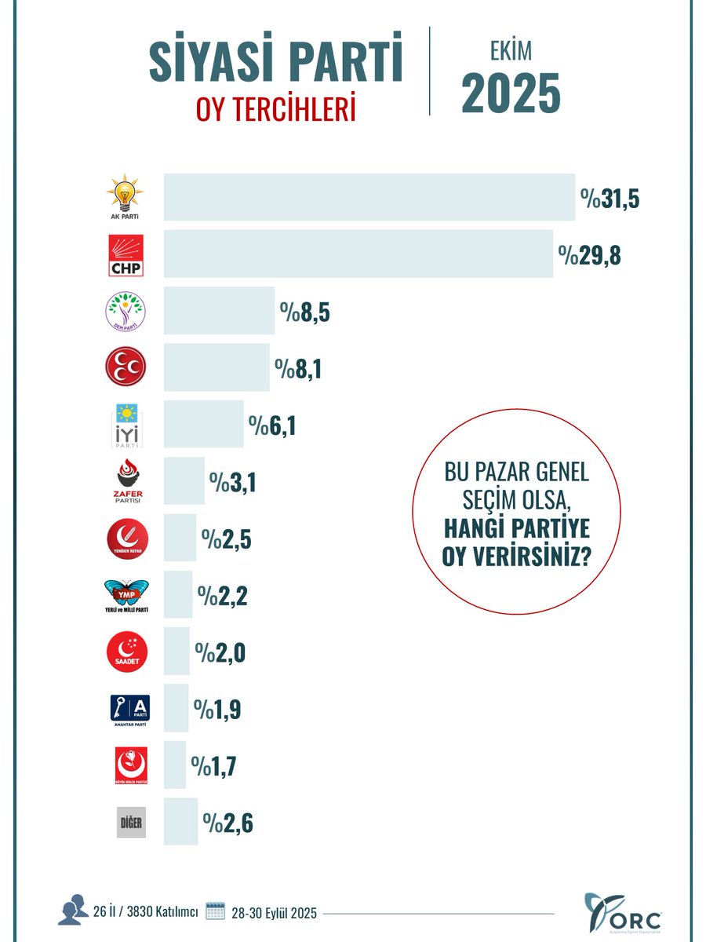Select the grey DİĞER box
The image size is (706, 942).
pyautogui.click(x=132, y=822)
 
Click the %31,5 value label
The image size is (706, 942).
pyautogui.click(x=610, y=199)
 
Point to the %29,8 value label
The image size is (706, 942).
pyautogui.click(x=589, y=254)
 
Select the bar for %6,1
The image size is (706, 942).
pyautogui.click(x=203, y=424)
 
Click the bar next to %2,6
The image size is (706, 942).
pyautogui.click(x=180, y=822)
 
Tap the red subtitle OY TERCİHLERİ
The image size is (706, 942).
pyautogui.click(x=276, y=109)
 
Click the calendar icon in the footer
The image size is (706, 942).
pyautogui.click(x=215, y=911)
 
